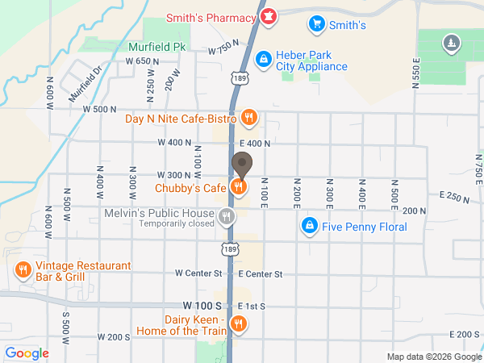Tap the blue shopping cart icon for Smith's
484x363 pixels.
(317, 24)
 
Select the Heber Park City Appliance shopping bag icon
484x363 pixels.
(263, 59)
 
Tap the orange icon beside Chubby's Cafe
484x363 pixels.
(238, 187)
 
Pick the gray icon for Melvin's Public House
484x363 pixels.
(227, 215)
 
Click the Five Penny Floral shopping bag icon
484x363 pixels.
(308, 226)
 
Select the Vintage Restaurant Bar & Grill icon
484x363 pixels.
(23, 269)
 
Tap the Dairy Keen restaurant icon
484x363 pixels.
(238, 324)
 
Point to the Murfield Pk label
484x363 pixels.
(157, 47)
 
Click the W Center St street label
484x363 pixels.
(198, 273)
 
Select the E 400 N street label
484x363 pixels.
(255, 143)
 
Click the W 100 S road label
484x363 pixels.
(202, 306)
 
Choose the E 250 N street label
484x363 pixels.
(454, 196)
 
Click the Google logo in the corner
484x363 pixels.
(27, 353)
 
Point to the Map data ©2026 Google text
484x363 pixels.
(433, 357)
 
